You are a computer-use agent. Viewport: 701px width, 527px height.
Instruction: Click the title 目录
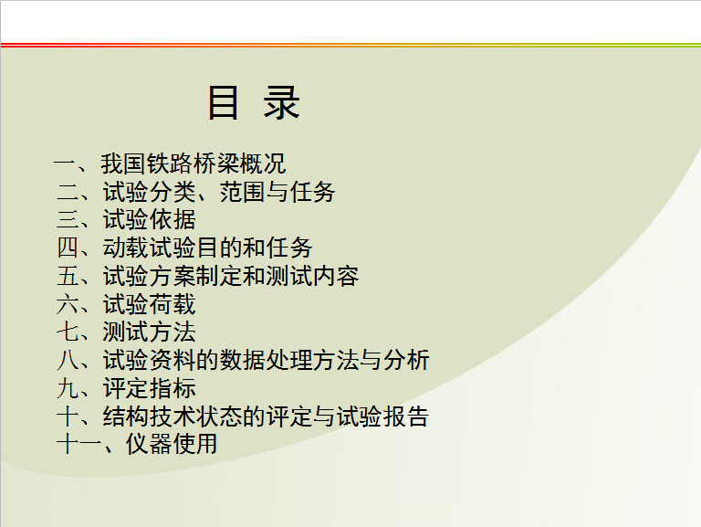[254, 103]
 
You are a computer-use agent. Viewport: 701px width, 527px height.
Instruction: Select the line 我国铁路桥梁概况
[194, 163]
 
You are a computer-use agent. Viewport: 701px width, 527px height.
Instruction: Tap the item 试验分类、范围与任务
[219, 192]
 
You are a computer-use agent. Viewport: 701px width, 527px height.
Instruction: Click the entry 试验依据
[150, 219]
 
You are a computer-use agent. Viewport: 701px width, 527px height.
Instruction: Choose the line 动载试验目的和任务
[207, 248]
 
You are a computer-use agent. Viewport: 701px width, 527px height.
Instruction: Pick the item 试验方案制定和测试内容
[231, 276]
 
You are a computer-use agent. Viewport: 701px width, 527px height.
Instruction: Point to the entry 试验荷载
[150, 304]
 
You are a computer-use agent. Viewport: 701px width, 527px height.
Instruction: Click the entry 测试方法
[150, 332]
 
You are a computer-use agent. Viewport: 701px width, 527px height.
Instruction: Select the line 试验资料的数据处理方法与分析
[266, 360]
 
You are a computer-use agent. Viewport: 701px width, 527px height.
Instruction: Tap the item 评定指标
[150, 388]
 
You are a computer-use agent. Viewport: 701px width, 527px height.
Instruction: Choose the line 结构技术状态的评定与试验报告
[266, 416]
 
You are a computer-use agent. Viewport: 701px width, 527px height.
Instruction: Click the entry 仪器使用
[172, 444]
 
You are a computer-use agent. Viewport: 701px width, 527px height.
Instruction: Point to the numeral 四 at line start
[68, 248]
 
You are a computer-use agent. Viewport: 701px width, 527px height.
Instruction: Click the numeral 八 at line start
[68, 360]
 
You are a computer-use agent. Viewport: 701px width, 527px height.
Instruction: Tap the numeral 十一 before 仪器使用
[79, 444]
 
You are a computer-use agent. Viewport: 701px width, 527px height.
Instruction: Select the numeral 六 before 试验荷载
[68, 304]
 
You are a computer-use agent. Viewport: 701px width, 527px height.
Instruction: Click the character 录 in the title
[282, 103]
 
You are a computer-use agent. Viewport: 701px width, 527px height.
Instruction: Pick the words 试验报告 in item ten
[382, 416]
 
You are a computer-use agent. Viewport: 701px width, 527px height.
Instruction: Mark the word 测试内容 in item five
[312, 276]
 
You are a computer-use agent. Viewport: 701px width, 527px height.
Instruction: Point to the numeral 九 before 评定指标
[68, 388]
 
